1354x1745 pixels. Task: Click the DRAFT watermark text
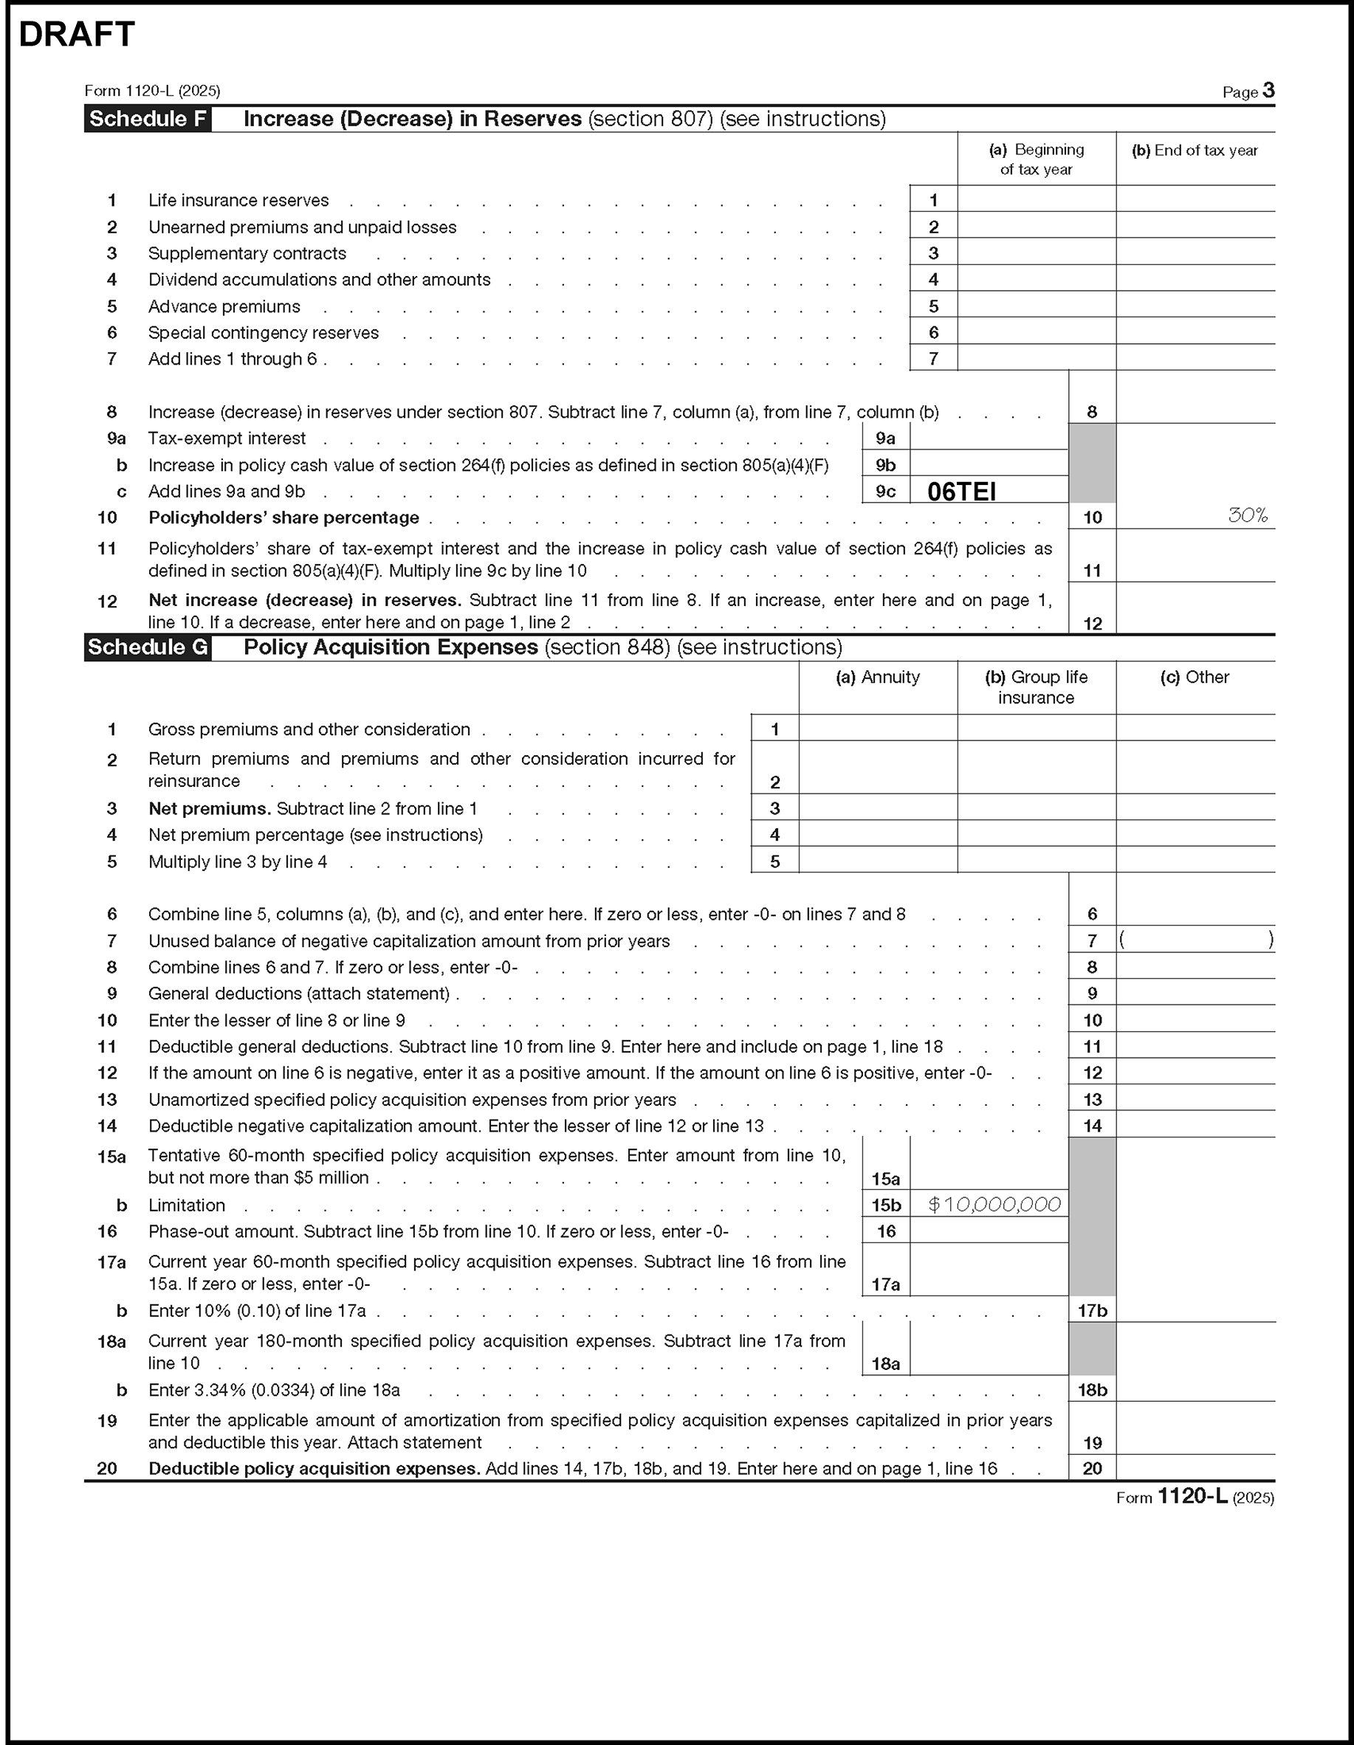coord(77,35)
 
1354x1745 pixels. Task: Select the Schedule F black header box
coord(148,119)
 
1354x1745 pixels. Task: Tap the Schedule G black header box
coord(148,647)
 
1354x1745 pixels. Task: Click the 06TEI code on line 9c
coord(961,492)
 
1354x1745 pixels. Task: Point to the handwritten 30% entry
coord(1248,516)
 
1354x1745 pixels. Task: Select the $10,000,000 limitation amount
coord(994,1205)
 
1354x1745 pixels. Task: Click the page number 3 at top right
coord(1268,90)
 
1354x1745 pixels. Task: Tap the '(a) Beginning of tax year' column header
coord(1036,159)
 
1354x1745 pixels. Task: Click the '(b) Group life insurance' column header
coord(1036,687)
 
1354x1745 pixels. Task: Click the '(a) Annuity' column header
coord(878,678)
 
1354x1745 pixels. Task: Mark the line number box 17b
coord(1092,1311)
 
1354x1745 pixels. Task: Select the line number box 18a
coord(886,1364)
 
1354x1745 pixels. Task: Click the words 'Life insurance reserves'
coord(238,201)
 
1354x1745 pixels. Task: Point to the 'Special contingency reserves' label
coord(263,333)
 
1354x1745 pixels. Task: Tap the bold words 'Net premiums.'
coord(210,808)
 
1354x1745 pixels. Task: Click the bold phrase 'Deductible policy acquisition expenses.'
coord(314,1468)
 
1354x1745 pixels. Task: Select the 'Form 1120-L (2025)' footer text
coord(1195,1497)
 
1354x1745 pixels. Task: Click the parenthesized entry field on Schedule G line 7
coord(1196,940)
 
